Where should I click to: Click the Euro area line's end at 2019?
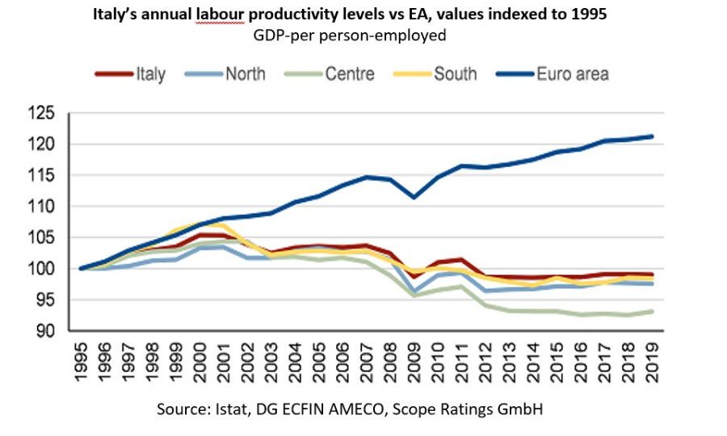pyautogui.click(x=651, y=136)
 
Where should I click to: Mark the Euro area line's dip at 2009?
pyautogui.click(x=414, y=197)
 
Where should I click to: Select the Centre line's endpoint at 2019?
pyautogui.click(x=651, y=312)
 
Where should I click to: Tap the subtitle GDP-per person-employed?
pyautogui.click(x=362, y=36)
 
